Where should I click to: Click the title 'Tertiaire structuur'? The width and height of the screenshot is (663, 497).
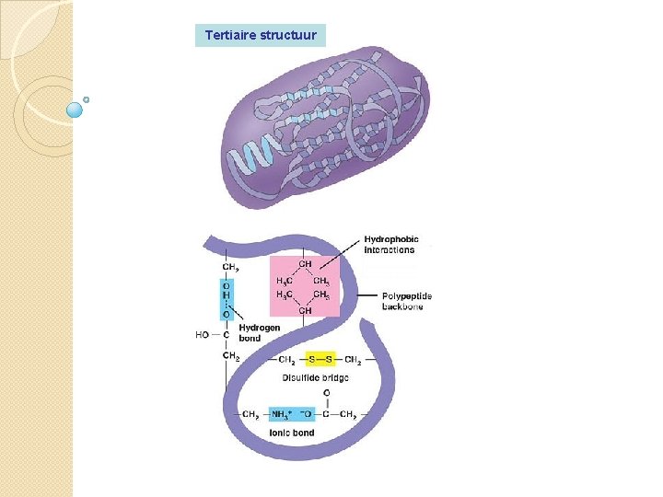point(261,36)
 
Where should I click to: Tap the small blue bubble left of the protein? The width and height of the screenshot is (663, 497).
point(76,110)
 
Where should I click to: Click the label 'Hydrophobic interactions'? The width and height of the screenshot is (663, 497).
point(390,245)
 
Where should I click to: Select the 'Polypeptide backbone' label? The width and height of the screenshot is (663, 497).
point(406,301)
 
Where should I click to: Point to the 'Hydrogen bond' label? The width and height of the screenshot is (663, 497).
point(259,332)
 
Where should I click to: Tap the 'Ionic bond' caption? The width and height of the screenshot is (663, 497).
point(291,433)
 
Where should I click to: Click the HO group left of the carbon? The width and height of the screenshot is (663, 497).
point(203,335)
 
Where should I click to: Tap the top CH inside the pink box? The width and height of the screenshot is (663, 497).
point(305,264)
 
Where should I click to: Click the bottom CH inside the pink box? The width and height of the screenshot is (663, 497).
point(305,311)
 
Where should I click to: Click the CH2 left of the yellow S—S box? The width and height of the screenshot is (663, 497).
point(285,360)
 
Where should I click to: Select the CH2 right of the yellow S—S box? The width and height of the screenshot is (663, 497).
point(353,360)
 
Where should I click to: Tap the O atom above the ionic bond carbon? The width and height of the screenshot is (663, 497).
point(326,394)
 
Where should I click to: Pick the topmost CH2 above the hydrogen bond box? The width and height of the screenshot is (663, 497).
point(230,268)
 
